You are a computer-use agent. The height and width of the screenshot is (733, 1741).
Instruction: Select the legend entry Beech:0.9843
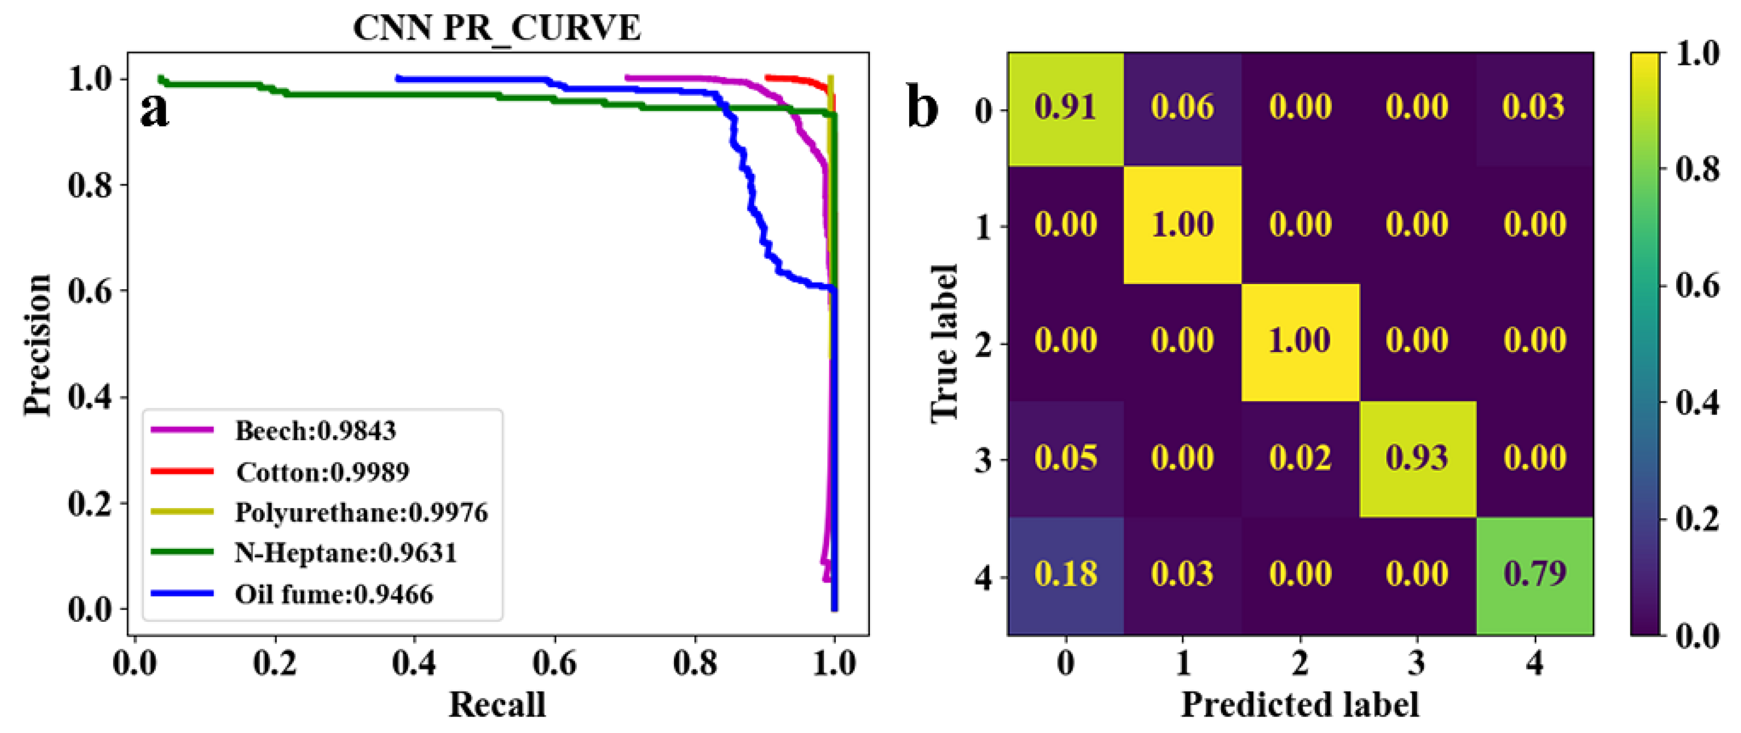click(315, 431)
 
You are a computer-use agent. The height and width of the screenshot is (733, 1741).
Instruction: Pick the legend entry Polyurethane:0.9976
click(361, 513)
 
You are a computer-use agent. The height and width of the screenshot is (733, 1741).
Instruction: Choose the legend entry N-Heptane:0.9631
click(345, 553)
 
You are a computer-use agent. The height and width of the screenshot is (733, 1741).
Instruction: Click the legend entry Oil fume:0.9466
click(334, 594)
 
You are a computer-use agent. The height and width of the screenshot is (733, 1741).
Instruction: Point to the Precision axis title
click(37, 344)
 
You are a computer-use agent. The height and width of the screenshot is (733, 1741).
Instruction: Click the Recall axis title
click(497, 704)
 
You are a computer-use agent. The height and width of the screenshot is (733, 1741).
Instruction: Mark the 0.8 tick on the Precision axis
click(90, 185)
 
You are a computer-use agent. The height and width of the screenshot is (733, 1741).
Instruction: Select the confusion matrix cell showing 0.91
click(1066, 108)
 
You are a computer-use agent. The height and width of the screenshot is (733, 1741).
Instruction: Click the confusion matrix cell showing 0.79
click(1534, 575)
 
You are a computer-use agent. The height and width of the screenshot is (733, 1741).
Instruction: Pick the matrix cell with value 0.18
click(1066, 575)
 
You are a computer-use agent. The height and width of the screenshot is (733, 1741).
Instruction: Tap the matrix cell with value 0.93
click(1417, 458)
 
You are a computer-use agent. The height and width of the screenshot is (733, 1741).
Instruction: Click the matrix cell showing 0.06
click(1183, 108)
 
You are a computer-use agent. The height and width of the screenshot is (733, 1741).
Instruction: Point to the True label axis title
click(944, 343)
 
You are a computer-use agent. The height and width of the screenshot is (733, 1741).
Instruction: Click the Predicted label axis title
click(1300, 704)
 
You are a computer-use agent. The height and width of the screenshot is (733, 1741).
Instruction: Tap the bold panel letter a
click(154, 110)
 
